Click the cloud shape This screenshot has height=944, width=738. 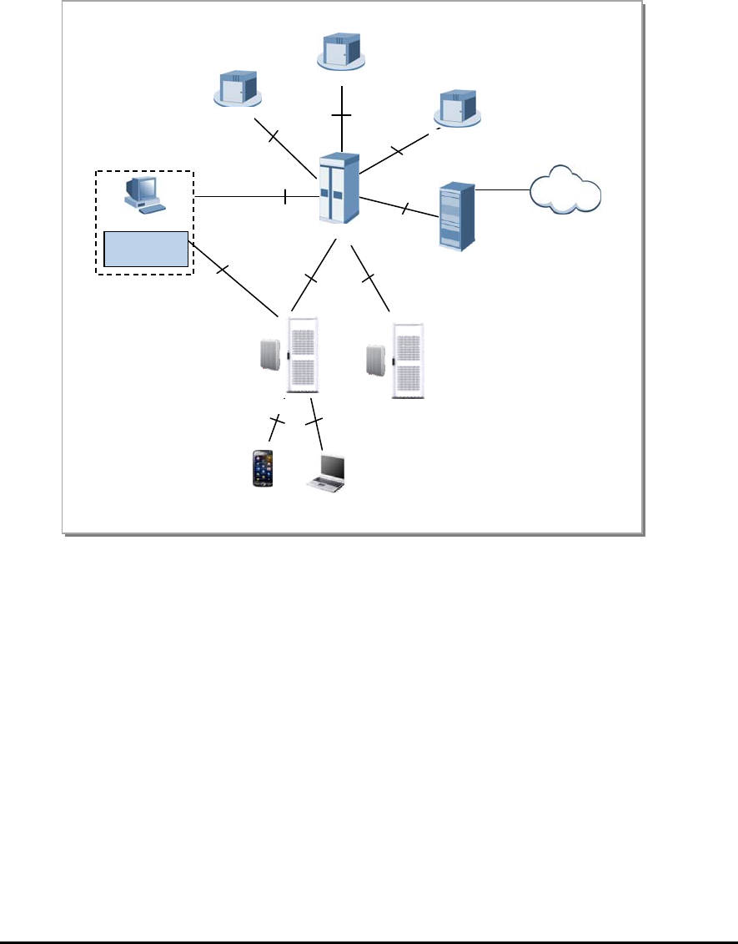click(565, 192)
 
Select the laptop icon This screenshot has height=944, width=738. click(329, 473)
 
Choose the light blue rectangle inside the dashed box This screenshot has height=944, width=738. click(145, 249)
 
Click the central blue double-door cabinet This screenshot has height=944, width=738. click(339, 187)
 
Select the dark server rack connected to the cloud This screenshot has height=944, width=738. click(457, 215)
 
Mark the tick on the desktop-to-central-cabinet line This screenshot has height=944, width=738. click(285, 197)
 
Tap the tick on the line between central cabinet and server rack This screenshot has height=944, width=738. click(404, 209)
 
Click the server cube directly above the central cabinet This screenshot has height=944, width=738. click(342, 51)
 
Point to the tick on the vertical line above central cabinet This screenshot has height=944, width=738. click(342, 114)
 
